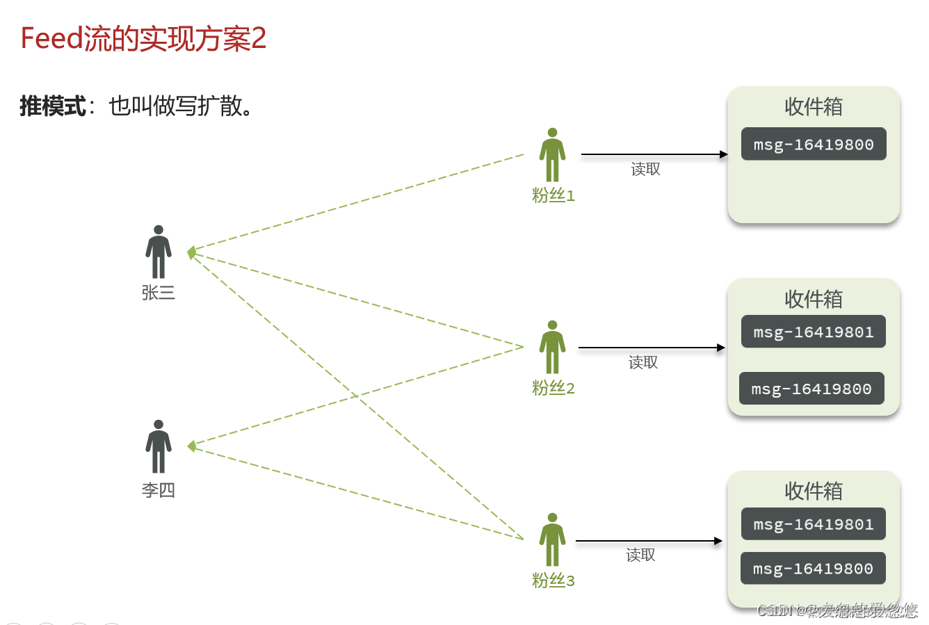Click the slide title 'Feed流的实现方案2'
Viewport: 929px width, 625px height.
coord(143,39)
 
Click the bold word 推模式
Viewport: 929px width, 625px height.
coord(53,106)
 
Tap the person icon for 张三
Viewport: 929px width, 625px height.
coord(159,252)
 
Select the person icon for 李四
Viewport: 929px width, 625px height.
coord(159,446)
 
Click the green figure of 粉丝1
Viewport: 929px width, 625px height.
coord(552,155)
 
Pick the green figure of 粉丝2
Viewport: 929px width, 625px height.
coord(552,347)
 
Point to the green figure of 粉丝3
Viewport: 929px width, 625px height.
coord(552,539)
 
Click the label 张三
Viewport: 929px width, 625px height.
coord(159,293)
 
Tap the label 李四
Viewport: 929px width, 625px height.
coord(159,490)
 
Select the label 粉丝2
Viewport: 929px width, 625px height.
coord(554,388)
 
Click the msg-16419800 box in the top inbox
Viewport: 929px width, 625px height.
coord(814,145)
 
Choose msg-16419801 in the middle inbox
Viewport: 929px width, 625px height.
coord(814,332)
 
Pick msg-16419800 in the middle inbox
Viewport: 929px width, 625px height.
coord(811,389)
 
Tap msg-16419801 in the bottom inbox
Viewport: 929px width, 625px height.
coord(814,524)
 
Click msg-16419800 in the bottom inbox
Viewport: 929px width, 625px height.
coord(813,569)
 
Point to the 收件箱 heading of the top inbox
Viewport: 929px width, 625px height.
coord(814,107)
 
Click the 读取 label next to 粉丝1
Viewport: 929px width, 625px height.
coord(645,170)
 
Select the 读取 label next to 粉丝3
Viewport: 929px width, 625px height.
coord(640,555)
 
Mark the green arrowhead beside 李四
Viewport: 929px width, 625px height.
coord(191,446)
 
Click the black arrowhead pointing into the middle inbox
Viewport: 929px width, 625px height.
coord(721,348)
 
